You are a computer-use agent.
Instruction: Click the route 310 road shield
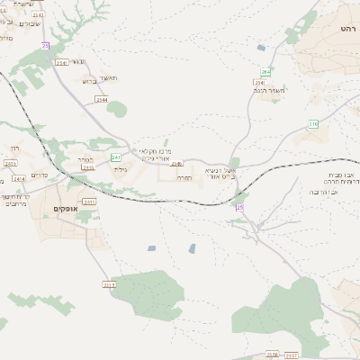click(313, 124)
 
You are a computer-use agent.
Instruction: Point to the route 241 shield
click(117, 157)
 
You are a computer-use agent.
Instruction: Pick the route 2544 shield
click(100, 100)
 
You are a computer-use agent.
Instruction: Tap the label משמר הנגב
click(271, 89)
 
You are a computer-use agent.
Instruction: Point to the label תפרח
click(182, 177)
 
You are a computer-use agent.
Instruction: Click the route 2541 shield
click(62, 62)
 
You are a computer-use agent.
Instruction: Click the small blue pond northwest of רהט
click(261, 47)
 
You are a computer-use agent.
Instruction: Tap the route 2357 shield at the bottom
click(291, 355)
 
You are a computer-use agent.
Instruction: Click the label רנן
click(14, 148)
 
